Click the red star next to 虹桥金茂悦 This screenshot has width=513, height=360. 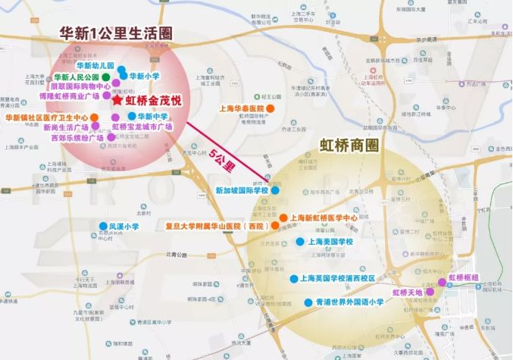pos(117,99)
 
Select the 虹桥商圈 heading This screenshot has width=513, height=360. pos(349,143)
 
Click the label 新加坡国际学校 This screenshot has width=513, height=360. pos(242,191)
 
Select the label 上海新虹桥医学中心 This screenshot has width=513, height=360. pos(325,218)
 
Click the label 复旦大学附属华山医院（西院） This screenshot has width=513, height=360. pos(215,226)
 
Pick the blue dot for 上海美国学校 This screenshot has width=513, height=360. pos(299,242)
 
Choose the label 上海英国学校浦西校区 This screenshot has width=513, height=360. pos(339,278)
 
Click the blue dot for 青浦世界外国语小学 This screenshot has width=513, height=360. pos(308,302)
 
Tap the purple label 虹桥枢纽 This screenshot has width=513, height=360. pos(463,277)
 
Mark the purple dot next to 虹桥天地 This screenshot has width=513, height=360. pos(430,292)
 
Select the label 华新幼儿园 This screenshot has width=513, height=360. pos(95,67)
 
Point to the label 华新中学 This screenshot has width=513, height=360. pos(152,117)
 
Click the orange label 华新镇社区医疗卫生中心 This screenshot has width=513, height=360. pos(46,118)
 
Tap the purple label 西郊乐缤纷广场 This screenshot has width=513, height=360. pos(77,139)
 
